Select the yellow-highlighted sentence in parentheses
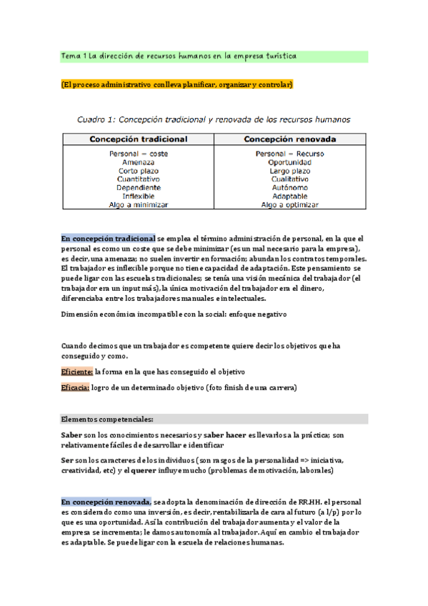(x=177, y=85)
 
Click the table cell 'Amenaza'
(x=139, y=162)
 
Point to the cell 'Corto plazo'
(x=139, y=171)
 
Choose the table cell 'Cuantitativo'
(x=139, y=179)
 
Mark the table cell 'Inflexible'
(x=139, y=196)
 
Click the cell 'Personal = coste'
(x=139, y=154)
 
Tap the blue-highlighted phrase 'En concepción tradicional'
(x=108, y=238)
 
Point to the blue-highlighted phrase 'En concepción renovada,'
(x=106, y=502)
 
